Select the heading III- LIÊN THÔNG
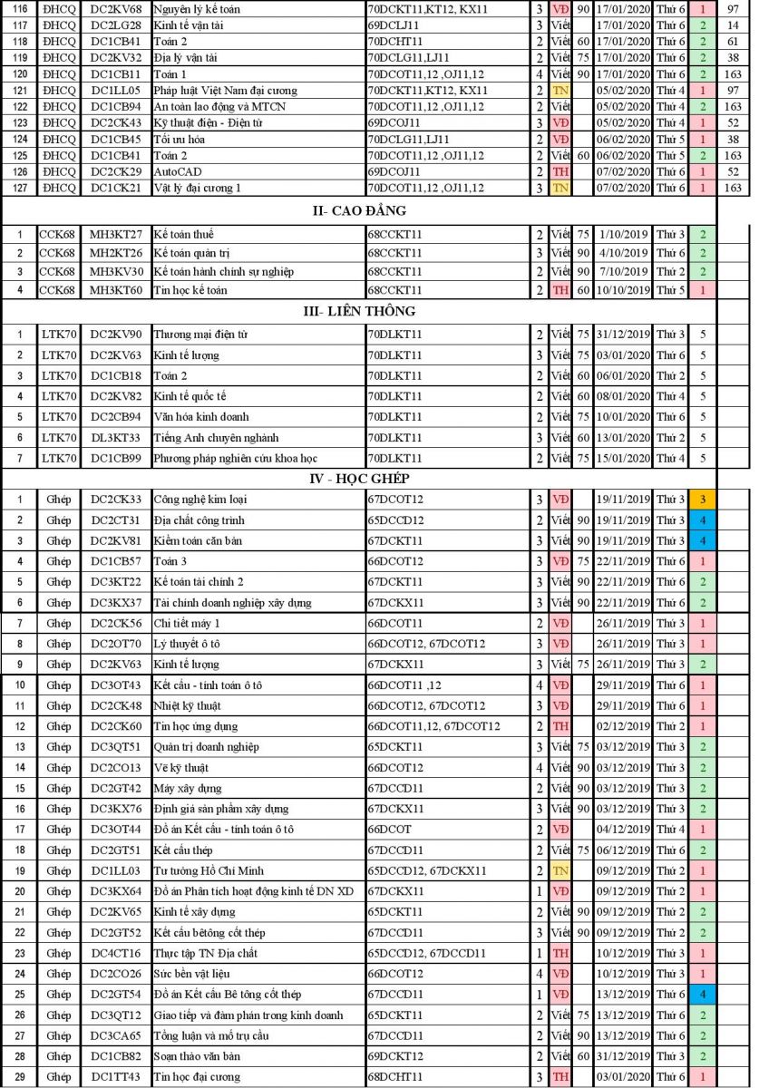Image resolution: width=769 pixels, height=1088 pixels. [359, 311]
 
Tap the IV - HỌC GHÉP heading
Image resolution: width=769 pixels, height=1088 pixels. [358, 478]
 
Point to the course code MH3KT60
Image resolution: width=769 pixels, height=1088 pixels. [116, 290]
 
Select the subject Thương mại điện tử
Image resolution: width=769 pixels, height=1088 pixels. [200, 335]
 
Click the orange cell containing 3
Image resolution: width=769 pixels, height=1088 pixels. [702, 500]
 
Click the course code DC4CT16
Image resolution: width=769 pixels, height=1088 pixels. [116, 953]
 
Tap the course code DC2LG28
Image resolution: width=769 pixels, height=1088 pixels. [116, 24]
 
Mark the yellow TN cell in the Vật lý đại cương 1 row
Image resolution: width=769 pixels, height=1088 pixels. [560, 188]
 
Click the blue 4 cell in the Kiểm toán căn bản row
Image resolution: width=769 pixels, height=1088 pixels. [702, 541]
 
